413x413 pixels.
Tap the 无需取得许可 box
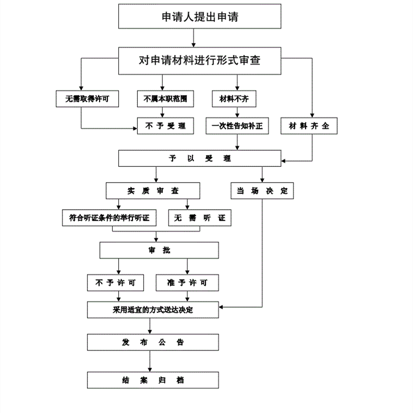pyautogui.click(x=84, y=98)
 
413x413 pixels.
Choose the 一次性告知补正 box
pyautogui.click(x=237, y=126)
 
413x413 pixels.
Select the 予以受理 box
pyautogui.click(x=200, y=158)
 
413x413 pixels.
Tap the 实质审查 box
pyautogui.click(x=146, y=190)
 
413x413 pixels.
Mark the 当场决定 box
pyautogui.click(x=262, y=190)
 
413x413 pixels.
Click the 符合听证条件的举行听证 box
pyautogui.click(x=110, y=217)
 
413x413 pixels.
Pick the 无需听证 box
pyautogui.click(x=200, y=217)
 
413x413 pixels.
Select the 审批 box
pyautogui.click(x=152, y=250)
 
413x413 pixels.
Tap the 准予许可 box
pyautogui.click(x=187, y=283)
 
